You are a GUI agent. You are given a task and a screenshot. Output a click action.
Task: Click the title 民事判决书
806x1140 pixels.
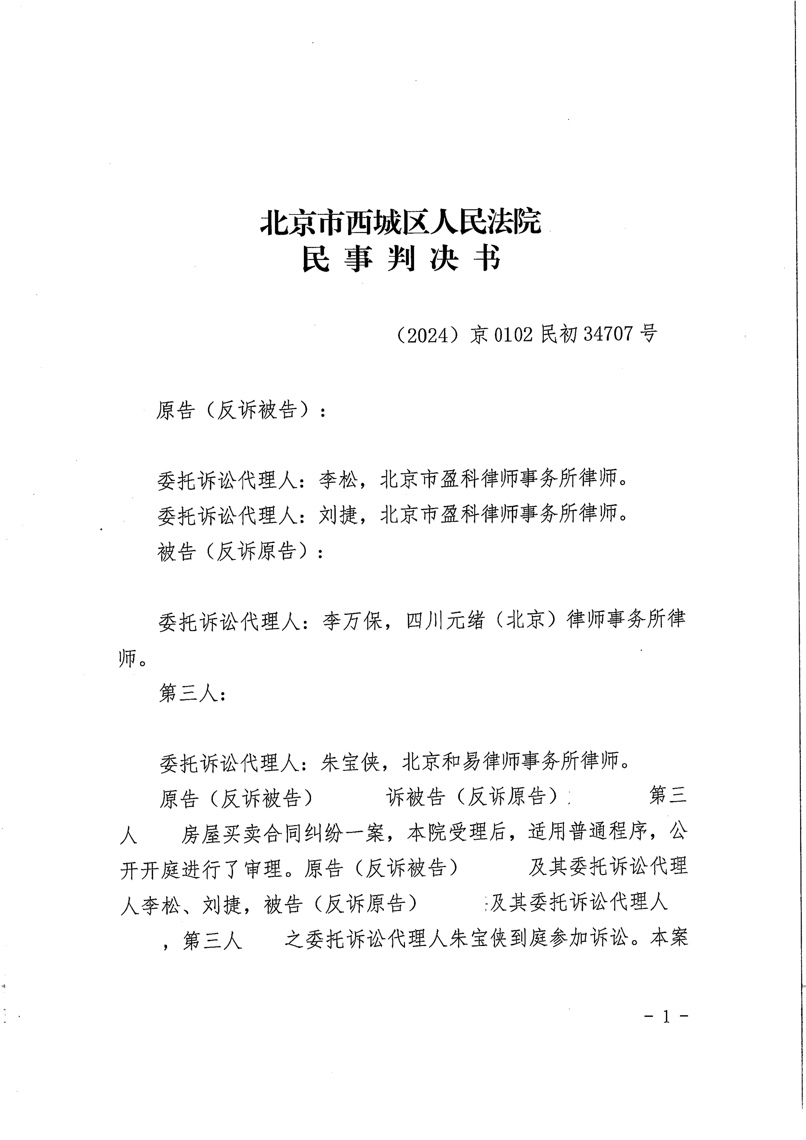pyautogui.click(x=401, y=259)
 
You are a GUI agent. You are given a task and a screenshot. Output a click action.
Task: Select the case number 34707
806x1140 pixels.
pyautogui.click(x=608, y=334)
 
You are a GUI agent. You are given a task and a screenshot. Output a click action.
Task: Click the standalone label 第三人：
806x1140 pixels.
pyautogui.click(x=193, y=693)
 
